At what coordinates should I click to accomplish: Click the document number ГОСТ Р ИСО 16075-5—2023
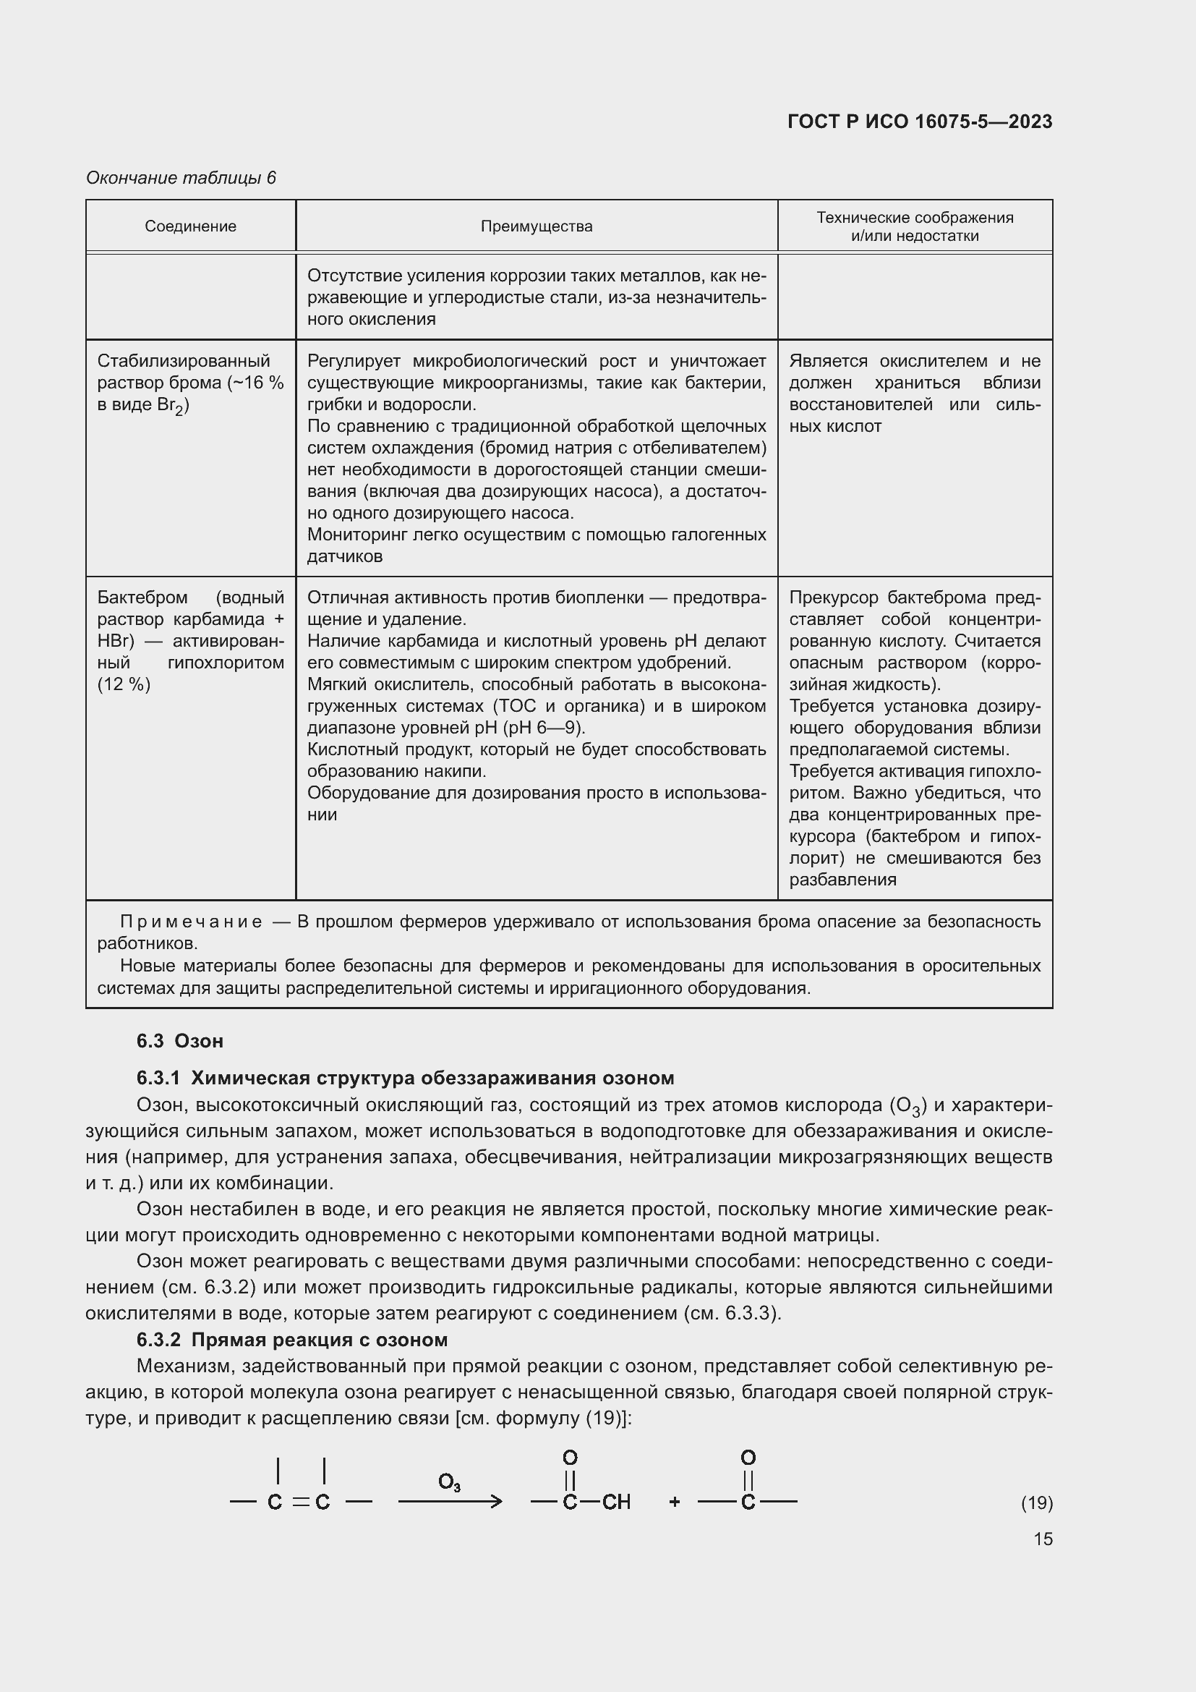tap(919, 122)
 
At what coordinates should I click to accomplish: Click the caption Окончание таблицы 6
tap(181, 178)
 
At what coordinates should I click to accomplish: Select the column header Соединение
tap(190, 226)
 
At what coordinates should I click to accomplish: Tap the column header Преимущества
tap(536, 226)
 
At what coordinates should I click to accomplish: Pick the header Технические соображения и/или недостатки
tap(915, 226)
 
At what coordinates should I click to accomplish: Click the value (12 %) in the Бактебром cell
tap(124, 684)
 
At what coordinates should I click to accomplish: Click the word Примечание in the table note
tap(191, 922)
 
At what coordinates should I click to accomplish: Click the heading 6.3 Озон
tap(180, 1040)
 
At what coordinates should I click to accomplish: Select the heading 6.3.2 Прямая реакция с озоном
tap(291, 1339)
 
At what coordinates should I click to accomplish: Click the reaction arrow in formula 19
tap(450, 1501)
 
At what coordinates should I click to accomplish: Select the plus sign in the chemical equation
tap(674, 1502)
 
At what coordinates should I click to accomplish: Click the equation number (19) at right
tap(1036, 1502)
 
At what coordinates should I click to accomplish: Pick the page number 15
tap(1043, 1539)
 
